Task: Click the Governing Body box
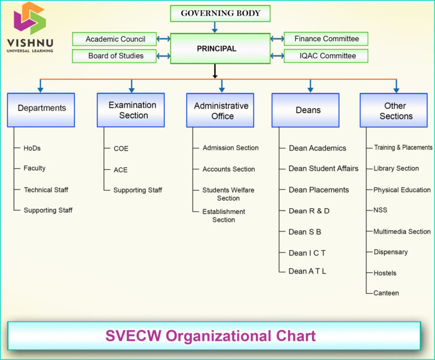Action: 220,13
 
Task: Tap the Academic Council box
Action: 114,39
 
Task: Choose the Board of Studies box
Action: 114,55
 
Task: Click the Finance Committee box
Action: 326,39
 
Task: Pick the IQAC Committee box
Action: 326,55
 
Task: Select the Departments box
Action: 41,109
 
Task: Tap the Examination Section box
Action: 131,110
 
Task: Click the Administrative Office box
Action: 221,110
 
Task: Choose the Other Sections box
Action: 395,110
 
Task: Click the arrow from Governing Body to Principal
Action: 215,27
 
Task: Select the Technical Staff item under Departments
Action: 45,190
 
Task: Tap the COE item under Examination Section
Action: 121,148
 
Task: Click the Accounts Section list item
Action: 228,169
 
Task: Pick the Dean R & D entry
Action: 309,211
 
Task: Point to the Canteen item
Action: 386,293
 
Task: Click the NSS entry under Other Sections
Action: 380,210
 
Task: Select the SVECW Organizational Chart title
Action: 210,336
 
